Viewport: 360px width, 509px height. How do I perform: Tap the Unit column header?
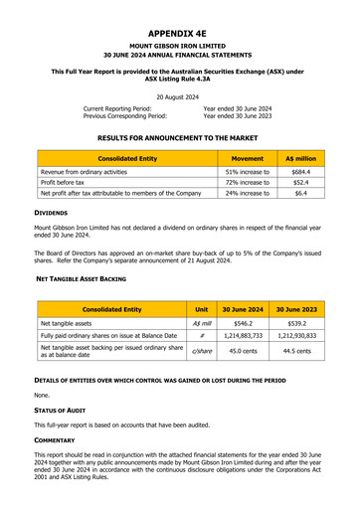[202, 309]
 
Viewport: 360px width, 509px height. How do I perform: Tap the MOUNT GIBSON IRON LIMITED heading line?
[180, 46]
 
